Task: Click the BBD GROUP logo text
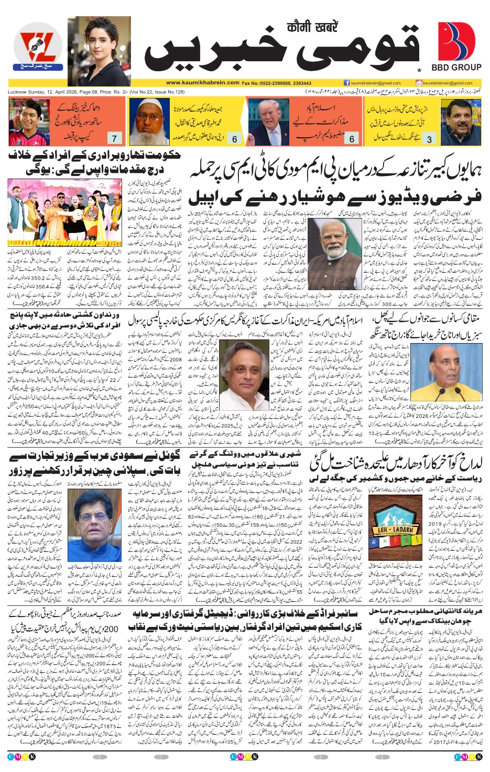[456, 67]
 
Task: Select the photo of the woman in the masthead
[99, 51]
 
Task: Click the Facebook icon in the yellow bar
[346, 83]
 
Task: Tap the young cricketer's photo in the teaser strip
[29, 122]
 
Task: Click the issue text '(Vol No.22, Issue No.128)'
[157, 92]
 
